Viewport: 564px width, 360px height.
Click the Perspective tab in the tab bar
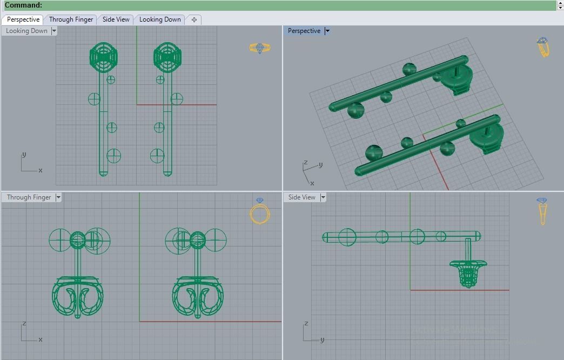(x=23, y=19)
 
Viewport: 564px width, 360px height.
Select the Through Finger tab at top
(x=71, y=19)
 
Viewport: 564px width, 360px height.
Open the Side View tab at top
(x=116, y=19)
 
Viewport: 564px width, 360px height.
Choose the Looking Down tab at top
(x=160, y=19)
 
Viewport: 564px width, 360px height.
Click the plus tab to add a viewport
(x=194, y=19)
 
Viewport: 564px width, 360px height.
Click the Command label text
(x=23, y=5)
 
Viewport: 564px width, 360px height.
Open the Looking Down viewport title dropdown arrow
(x=54, y=31)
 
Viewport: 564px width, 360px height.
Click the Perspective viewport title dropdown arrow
(x=327, y=31)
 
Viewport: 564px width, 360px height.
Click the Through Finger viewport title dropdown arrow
(x=58, y=198)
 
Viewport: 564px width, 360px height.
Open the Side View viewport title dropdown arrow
(x=323, y=198)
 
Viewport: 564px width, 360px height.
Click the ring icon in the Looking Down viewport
(x=260, y=48)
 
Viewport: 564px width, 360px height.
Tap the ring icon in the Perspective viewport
(x=543, y=48)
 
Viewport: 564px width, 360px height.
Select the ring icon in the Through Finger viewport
(x=260, y=212)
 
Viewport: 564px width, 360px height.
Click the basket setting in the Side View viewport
(x=468, y=272)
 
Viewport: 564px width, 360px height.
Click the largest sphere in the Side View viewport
(x=347, y=237)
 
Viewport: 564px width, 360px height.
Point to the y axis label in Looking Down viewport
(x=24, y=155)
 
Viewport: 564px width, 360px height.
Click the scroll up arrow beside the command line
(x=560, y=3)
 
